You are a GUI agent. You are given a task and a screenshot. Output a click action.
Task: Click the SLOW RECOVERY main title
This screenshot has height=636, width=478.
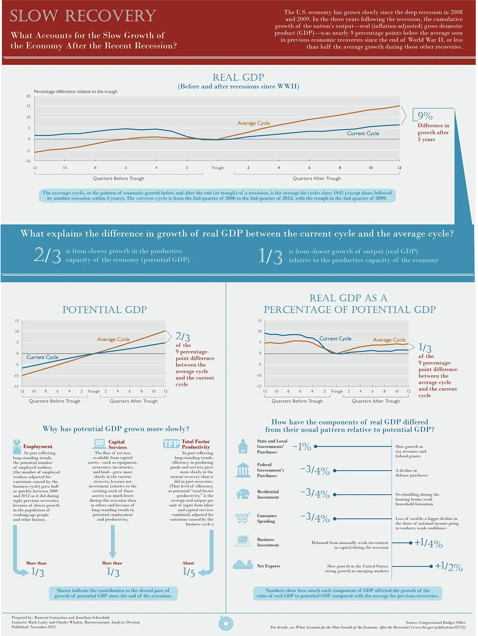click(x=83, y=16)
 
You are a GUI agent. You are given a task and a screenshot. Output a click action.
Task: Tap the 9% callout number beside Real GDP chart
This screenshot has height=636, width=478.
click(x=425, y=116)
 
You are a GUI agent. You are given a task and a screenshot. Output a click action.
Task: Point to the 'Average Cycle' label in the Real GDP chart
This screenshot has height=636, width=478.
click(x=254, y=123)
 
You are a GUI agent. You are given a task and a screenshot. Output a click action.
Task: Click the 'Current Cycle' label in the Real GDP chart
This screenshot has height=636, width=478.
click(x=363, y=133)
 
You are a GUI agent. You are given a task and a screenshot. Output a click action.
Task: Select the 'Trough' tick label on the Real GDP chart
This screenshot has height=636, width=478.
click(x=218, y=168)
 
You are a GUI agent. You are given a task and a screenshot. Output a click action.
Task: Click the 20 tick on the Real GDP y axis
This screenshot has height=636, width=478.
click(x=28, y=96)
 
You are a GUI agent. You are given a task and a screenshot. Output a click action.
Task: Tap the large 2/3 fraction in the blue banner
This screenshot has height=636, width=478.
click(x=47, y=255)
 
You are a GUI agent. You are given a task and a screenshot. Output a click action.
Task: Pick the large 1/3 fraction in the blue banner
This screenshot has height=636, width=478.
click(x=270, y=256)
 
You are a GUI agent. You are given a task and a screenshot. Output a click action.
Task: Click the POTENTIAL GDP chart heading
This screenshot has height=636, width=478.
click(x=105, y=310)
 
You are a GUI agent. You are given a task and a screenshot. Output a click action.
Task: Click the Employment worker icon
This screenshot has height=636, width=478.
click(x=17, y=447)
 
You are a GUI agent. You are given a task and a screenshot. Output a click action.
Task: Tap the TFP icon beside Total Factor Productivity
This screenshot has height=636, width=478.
click(x=171, y=444)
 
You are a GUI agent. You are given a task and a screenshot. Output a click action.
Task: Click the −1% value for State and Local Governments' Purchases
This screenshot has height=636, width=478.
click(x=302, y=447)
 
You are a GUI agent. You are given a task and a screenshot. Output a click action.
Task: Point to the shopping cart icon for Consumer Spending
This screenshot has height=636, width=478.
click(x=243, y=518)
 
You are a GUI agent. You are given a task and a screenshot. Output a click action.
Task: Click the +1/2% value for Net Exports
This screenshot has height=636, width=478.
click(x=449, y=566)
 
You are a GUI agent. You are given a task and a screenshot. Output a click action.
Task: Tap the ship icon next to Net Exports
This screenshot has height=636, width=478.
click(x=243, y=565)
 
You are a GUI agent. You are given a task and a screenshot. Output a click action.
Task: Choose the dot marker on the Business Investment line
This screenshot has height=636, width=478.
click(x=410, y=543)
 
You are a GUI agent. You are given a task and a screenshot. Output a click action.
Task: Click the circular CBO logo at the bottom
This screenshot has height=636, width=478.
click(x=226, y=623)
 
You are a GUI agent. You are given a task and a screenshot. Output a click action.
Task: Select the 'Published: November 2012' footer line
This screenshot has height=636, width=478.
click(x=34, y=627)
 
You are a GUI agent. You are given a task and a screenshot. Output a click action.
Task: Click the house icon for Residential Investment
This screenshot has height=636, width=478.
click(x=243, y=494)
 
